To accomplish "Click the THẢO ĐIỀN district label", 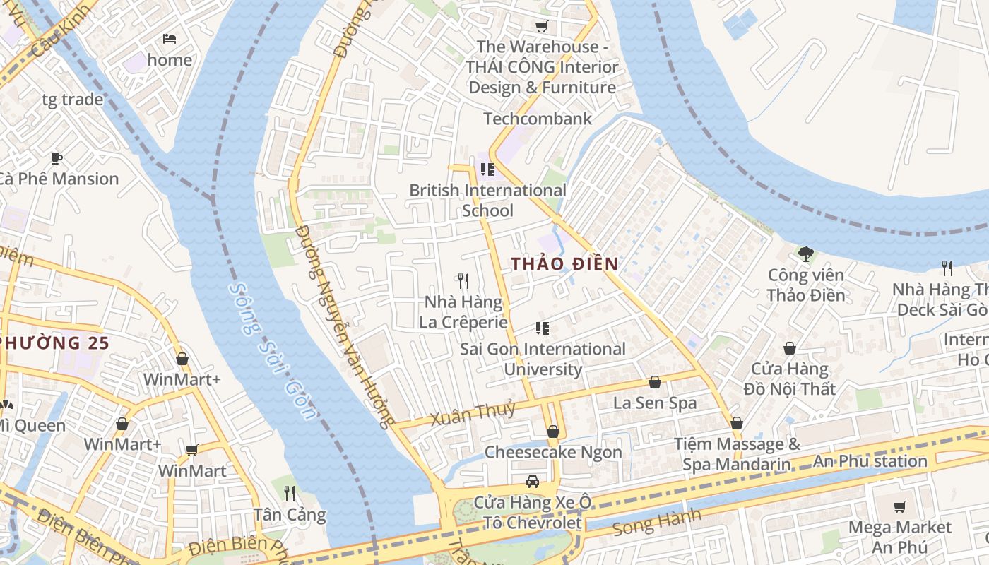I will click(564, 264).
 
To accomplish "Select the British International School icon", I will click(487, 169).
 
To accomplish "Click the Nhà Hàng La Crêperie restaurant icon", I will click(463, 281).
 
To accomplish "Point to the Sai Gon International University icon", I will click(543, 328).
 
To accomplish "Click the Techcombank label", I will click(538, 119).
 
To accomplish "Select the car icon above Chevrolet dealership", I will click(533, 482).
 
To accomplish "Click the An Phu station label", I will click(870, 461).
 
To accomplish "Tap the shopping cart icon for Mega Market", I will click(899, 506).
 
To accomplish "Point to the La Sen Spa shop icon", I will click(655, 382).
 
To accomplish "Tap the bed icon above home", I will click(170, 38).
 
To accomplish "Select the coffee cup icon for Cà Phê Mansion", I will click(57, 158).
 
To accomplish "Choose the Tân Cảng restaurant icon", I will click(290, 492).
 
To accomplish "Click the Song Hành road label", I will click(657, 522).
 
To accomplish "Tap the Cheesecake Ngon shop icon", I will click(553, 431).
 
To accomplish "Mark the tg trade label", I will click(72, 100).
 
